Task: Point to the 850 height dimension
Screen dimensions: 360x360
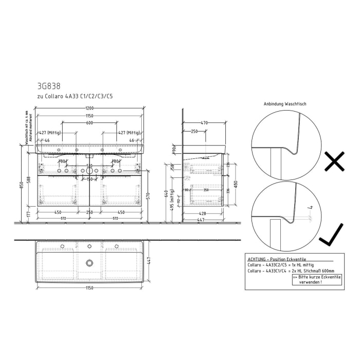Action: [22, 185]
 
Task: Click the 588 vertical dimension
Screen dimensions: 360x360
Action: [29, 178]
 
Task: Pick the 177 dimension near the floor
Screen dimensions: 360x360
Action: [29, 212]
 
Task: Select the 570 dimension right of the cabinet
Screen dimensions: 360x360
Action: [148, 195]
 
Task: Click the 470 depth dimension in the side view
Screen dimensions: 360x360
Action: [204, 122]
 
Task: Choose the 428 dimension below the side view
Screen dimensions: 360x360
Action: [203, 213]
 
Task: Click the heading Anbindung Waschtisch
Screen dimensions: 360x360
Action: [284, 104]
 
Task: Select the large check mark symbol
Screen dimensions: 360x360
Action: [332, 236]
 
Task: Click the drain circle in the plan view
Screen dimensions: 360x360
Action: [90, 263]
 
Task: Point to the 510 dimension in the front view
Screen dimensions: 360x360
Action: [89, 166]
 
